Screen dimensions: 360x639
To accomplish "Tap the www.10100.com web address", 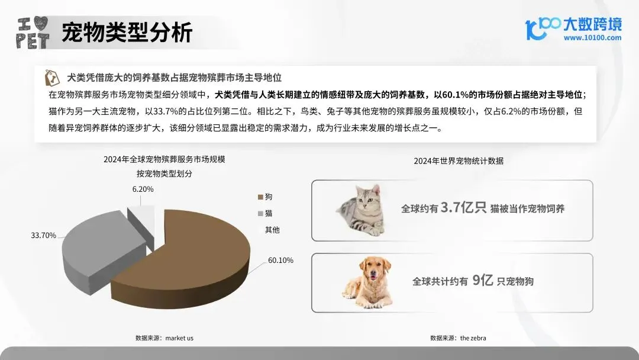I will (592, 38).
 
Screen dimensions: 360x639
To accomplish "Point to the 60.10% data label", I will (280, 260).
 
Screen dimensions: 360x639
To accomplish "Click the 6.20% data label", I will (143, 189).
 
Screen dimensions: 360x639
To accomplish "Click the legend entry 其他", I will (272, 230).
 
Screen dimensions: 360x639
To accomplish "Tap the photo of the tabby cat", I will (362, 210).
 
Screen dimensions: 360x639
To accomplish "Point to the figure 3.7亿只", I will (463, 208).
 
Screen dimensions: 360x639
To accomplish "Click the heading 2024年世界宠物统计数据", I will (459, 160).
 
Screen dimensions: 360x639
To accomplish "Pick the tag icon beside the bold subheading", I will (52, 78).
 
